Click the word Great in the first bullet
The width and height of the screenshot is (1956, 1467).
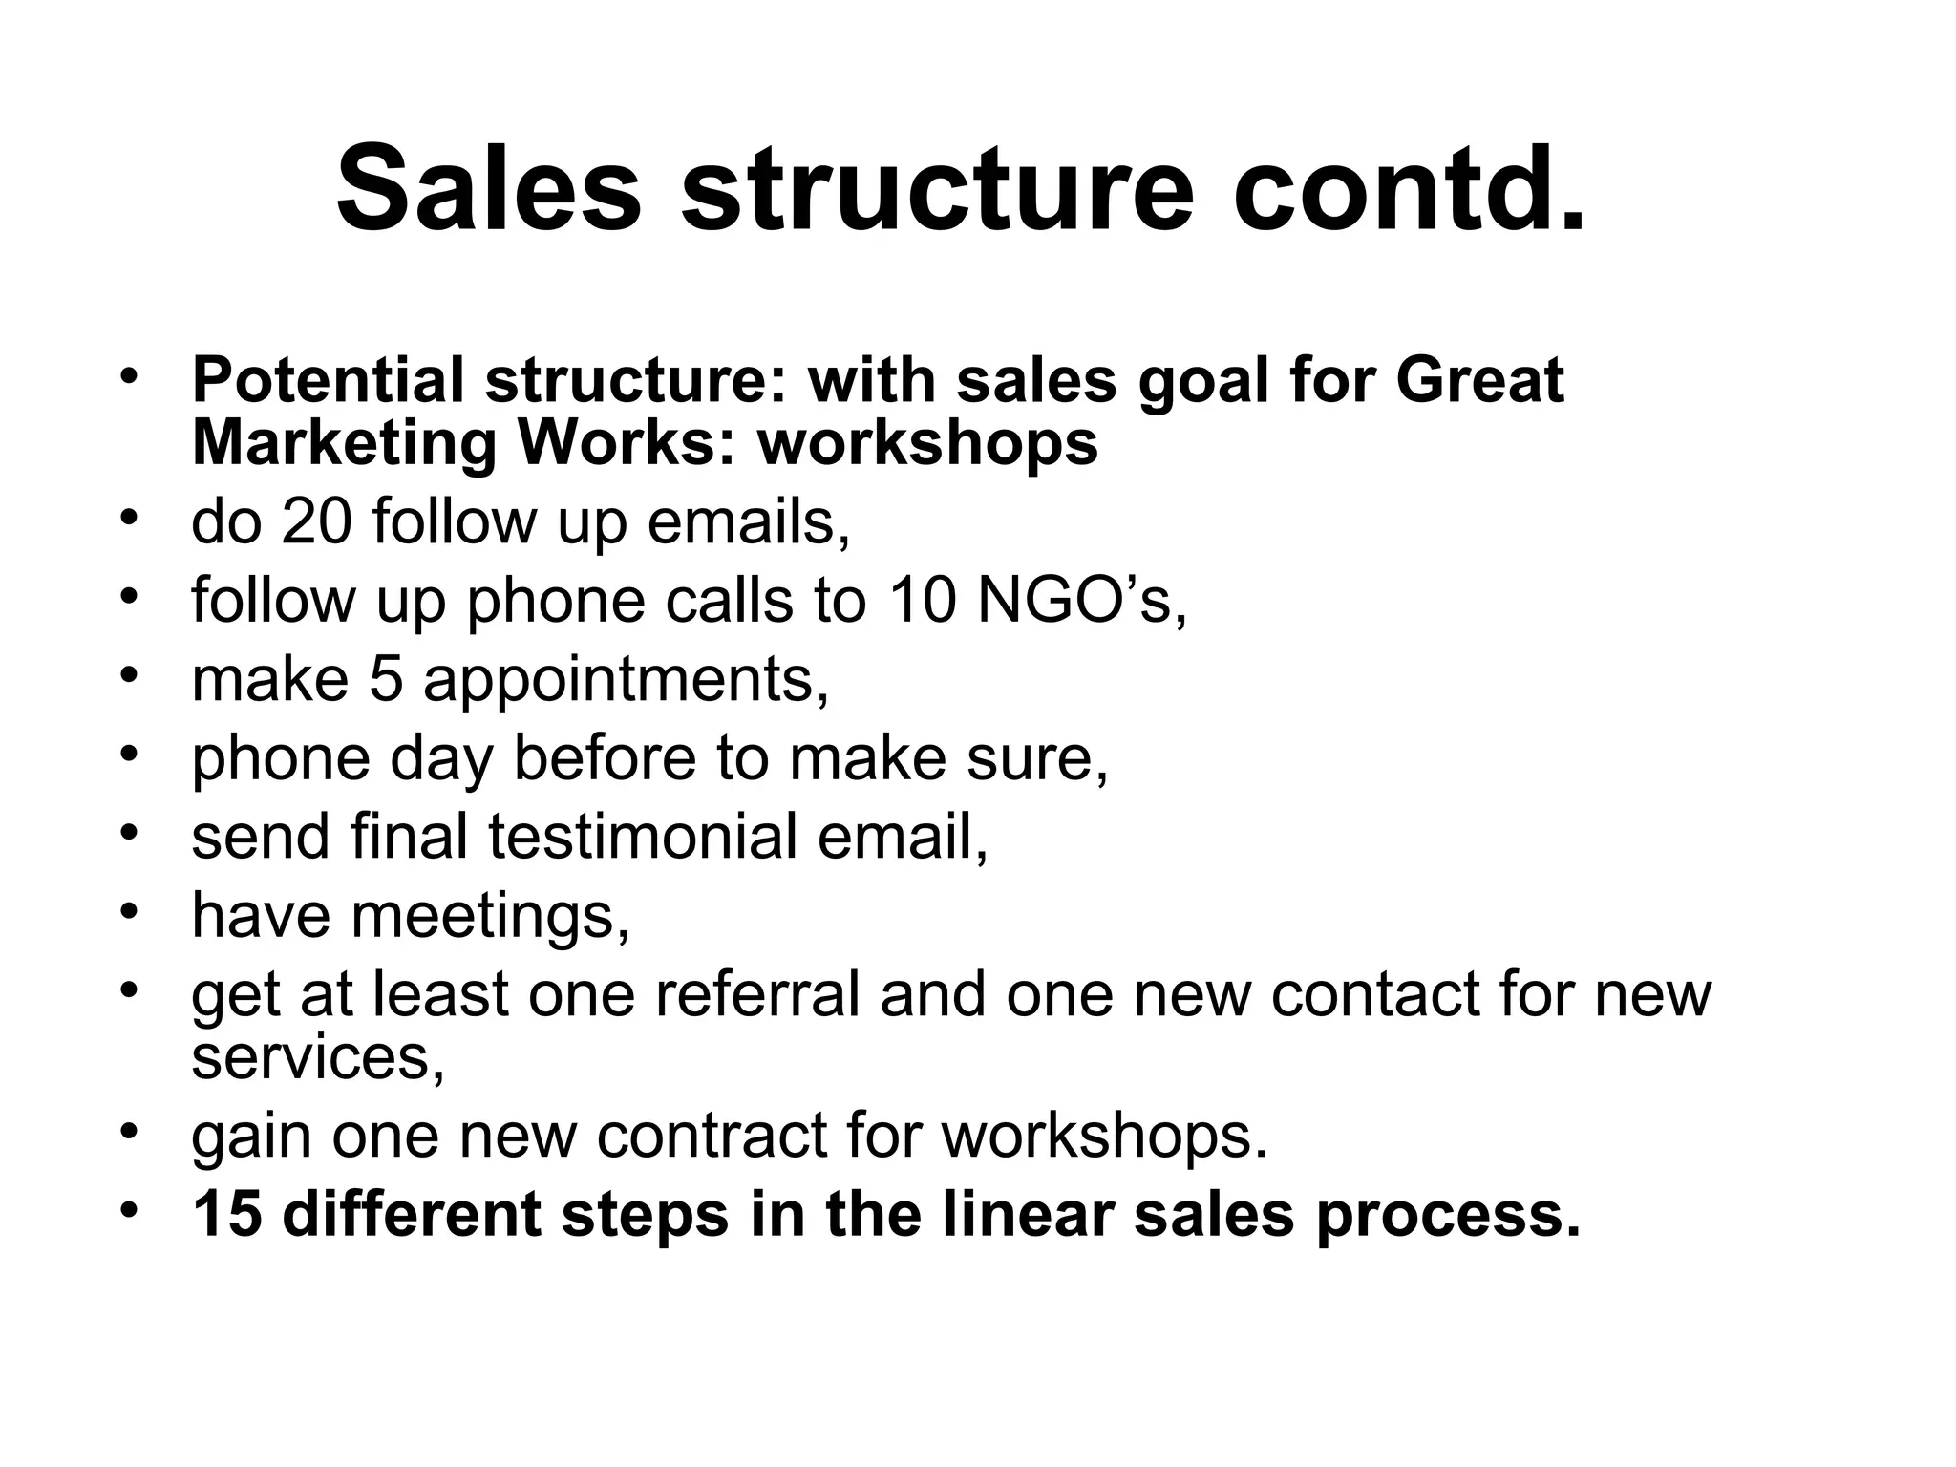pos(1479,380)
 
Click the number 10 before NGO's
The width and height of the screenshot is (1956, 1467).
pos(923,601)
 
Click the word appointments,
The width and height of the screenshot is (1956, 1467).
pos(626,681)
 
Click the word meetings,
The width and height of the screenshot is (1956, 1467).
pos(490,916)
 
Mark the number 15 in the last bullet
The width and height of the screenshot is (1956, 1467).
pos(227,1214)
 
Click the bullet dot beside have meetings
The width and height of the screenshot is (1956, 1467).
pos(130,909)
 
